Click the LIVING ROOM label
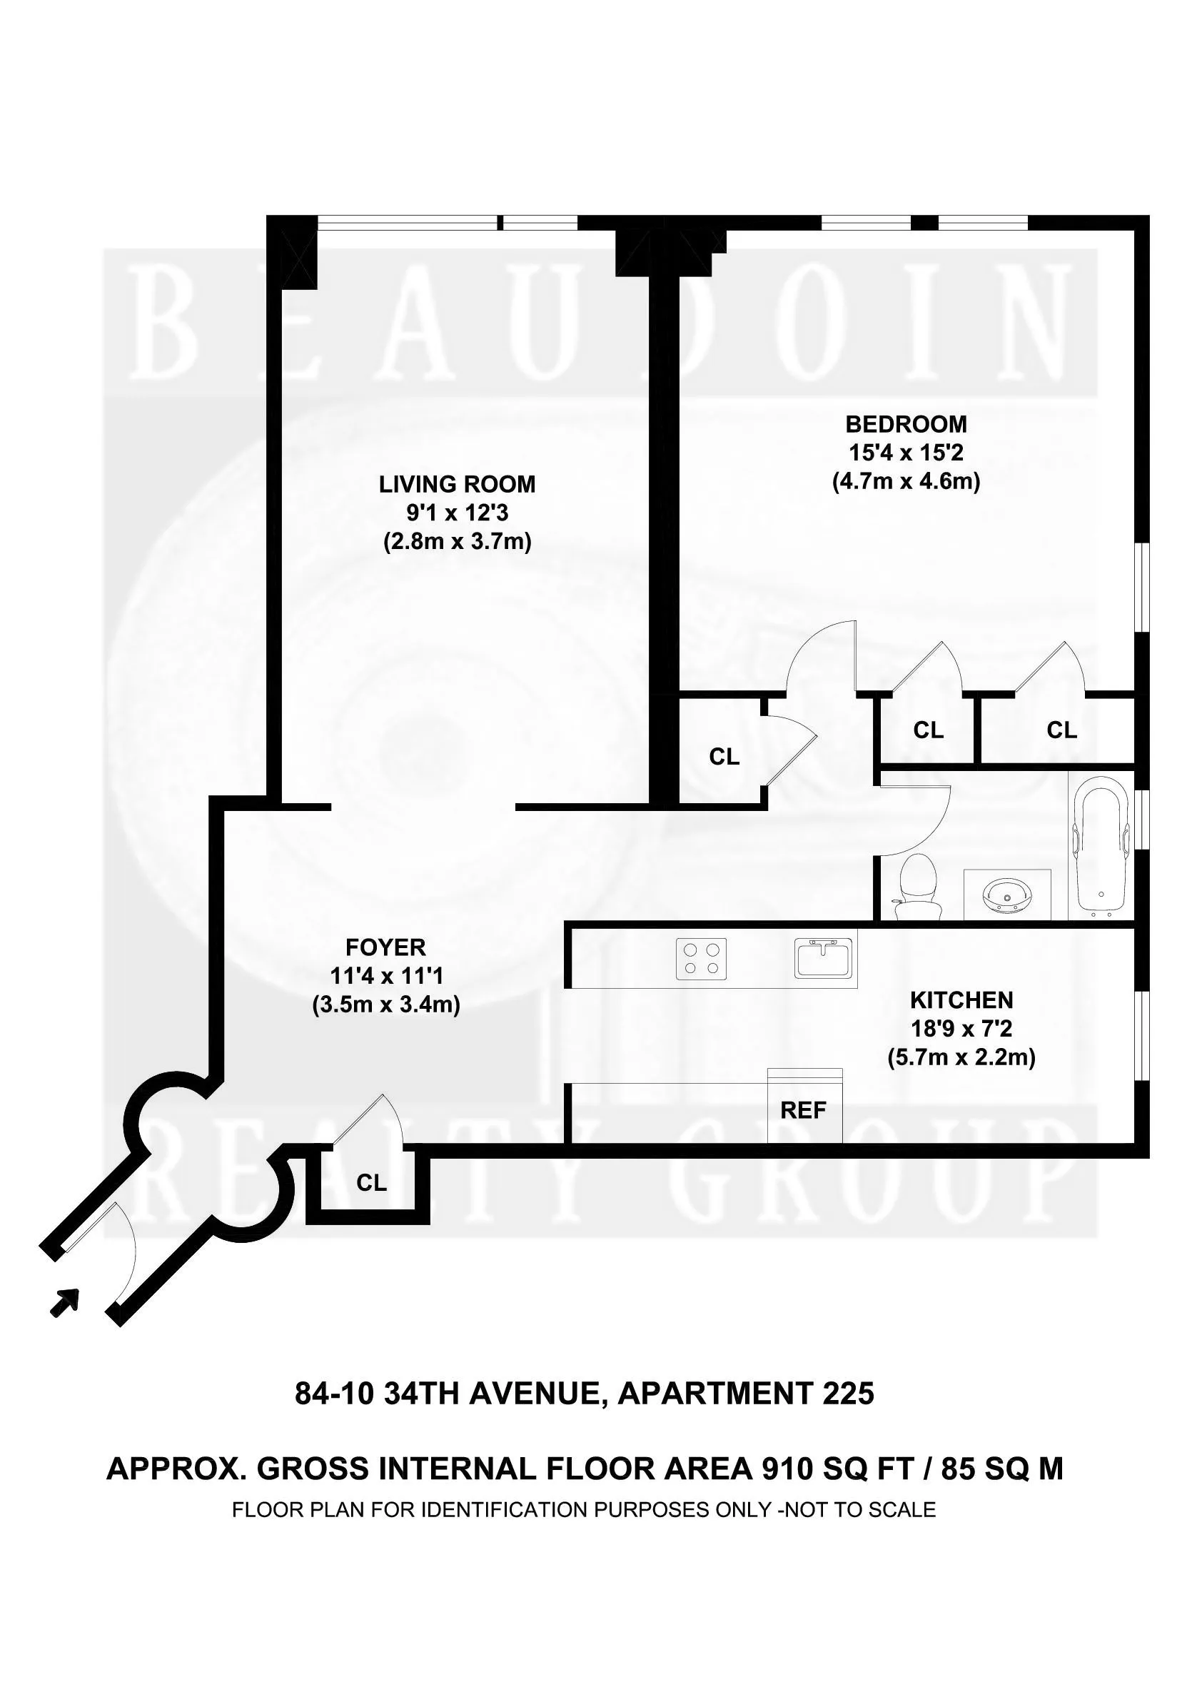click(457, 484)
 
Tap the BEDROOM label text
click(906, 424)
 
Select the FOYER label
click(385, 947)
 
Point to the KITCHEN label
click(961, 1000)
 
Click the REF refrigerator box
click(804, 1109)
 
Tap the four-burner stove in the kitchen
click(701, 959)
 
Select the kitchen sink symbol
click(824, 959)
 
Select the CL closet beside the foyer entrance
click(371, 1183)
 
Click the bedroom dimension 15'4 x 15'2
click(906, 452)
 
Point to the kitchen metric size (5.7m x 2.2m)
click(961, 1058)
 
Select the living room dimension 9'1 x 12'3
click(457, 512)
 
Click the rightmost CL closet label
click(1061, 730)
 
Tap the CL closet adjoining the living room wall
click(723, 756)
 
